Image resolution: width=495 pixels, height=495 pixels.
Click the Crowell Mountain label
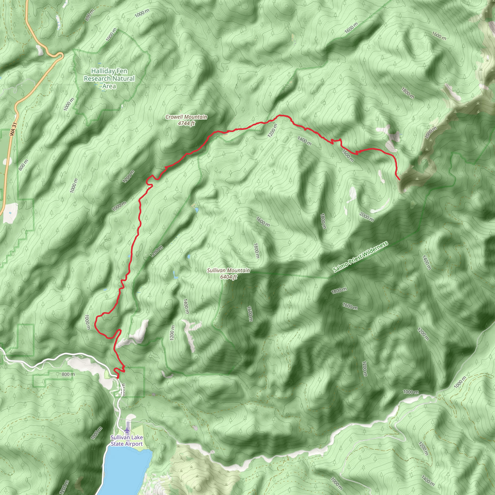click(x=186, y=117)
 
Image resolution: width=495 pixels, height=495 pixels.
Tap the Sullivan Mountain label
click(x=228, y=270)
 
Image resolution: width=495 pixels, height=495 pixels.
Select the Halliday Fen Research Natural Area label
click(x=109, y=78)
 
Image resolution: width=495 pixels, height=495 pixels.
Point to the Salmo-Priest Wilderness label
click(x=360, y=257)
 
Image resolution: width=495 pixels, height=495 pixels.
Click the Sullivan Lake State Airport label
click(x=127, y=441)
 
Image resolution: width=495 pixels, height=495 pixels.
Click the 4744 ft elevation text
click(x=186, y=124)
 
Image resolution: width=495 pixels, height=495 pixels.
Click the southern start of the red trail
click(x=118, y=377)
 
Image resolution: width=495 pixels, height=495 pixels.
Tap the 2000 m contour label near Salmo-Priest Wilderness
click(x=366, y=217)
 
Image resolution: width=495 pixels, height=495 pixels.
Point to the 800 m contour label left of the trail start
click(x=68, y=374)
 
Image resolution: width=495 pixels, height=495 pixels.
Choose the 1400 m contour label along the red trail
click(x=304, y=141)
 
